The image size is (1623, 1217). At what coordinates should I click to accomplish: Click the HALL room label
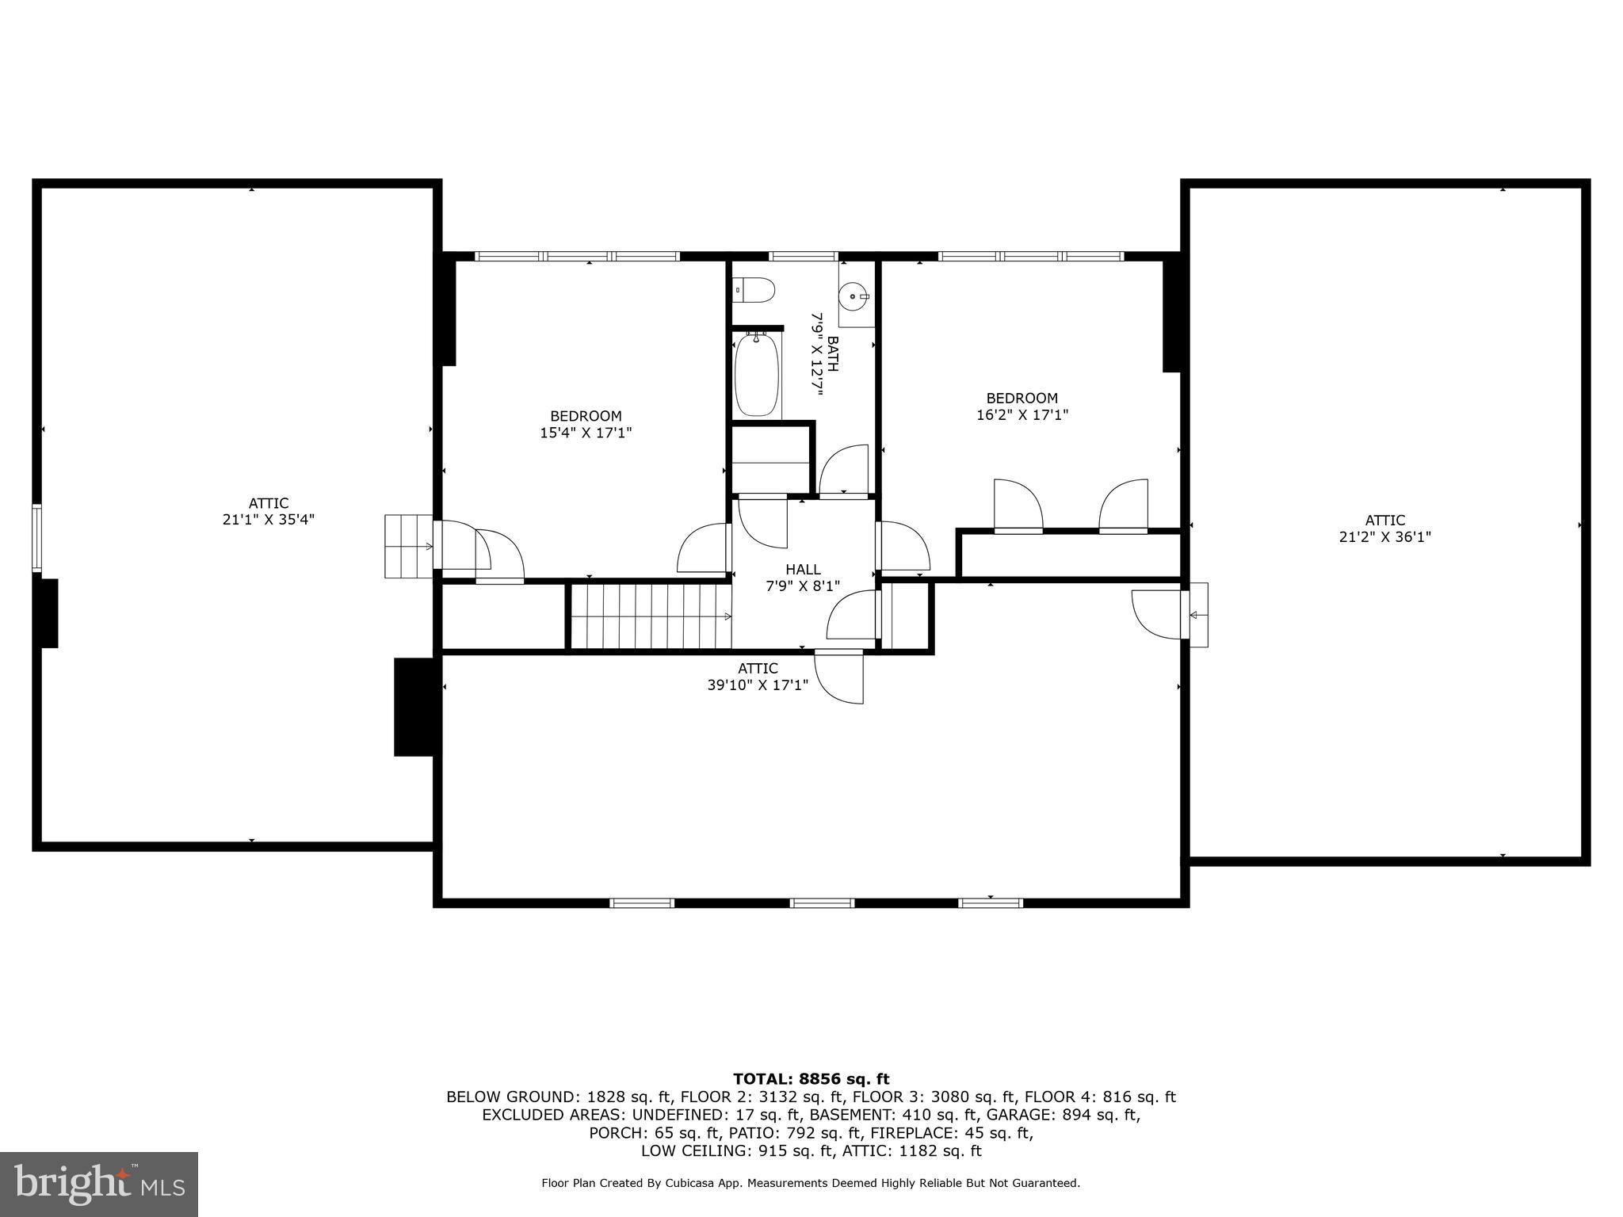[x=803, y=570]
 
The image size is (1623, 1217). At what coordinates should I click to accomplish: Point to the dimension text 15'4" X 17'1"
[x=586, y=433]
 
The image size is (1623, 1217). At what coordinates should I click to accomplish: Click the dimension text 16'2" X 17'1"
[x=1022, y=414]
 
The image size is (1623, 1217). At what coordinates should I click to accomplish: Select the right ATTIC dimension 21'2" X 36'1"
[x=1384, y=537]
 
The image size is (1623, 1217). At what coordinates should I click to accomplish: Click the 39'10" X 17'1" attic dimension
[x=758, y=685]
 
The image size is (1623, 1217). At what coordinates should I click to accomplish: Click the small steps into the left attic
[x=407, y=546]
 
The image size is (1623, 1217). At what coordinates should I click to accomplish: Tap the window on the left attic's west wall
[x=36, y=538]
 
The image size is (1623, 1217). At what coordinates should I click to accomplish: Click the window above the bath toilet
[x=802, y=256]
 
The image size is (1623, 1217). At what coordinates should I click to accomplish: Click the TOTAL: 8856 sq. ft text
[x=811, y=1079]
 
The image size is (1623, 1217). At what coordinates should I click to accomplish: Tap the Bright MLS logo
[x=99, y=1184]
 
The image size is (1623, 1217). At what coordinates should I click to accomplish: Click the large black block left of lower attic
[x=414, y=707]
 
